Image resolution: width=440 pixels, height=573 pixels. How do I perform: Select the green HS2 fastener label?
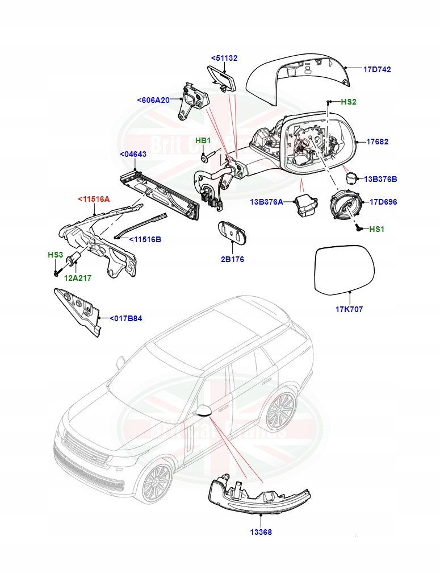point(348,102)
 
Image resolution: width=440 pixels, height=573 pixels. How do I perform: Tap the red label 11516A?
point(93,200)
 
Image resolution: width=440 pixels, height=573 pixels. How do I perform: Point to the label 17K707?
point(349,309)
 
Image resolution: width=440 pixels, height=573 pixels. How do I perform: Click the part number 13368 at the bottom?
point(260,532)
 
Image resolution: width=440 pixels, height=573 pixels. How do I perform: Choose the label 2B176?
point(233,260)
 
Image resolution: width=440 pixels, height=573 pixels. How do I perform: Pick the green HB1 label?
point(203,140)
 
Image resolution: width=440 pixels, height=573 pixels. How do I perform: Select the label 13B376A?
point(268,202)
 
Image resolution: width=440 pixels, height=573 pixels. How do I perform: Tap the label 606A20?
point(153,100)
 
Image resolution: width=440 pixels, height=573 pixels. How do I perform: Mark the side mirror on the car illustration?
point(203,410)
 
